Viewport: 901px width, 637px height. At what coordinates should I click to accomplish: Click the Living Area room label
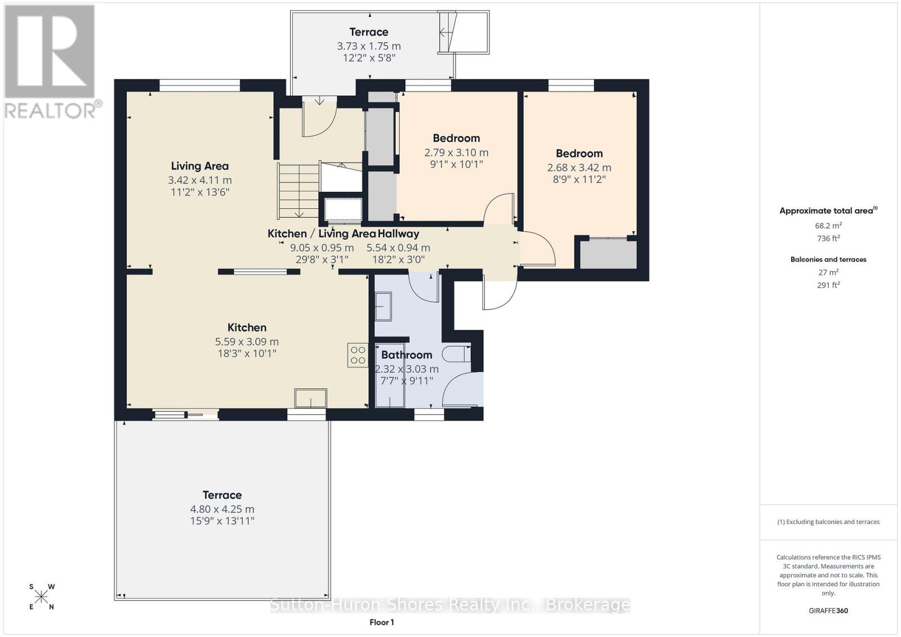point(199,166)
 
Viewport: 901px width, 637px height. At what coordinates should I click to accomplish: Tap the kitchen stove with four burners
point(358,355)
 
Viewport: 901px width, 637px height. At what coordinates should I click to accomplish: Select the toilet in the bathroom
point(456,354)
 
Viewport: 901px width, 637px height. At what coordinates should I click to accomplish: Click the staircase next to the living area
point(298,190)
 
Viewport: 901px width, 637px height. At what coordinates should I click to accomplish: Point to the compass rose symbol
point(42,596)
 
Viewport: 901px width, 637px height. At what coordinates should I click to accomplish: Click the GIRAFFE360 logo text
point(828,611)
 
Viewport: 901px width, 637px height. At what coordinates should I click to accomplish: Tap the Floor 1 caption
point(382,622)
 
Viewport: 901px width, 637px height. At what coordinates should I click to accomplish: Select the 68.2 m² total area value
point(828,226)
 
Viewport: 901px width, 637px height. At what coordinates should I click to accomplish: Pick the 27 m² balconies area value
point(828,272)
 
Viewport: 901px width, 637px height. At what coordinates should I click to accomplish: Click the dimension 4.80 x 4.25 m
point(222,509)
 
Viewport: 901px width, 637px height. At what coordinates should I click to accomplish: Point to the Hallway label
point(398,234)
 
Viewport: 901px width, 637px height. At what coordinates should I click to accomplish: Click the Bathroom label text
point(407,355)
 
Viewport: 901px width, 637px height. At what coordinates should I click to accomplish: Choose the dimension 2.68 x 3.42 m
point(579,168)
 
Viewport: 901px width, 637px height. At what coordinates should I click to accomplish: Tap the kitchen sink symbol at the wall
point(310,398)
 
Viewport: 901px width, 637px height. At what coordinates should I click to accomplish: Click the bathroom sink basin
point(383,306)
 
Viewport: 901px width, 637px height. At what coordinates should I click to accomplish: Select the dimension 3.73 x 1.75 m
point(369,46)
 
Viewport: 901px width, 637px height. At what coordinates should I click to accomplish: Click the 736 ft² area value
point(828,239)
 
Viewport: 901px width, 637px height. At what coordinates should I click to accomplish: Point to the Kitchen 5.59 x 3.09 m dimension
point(247,342)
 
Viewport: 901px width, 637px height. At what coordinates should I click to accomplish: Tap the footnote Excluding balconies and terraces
point(828,522)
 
